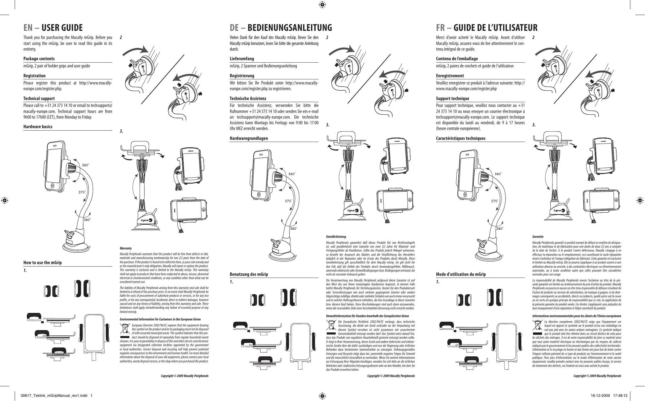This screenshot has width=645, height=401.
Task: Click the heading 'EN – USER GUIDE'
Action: click(x=53, y=28)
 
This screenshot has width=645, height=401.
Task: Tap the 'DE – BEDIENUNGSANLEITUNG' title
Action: click(x=281, y=28)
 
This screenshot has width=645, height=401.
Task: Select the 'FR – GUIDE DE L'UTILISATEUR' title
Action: click(x=487, y=28)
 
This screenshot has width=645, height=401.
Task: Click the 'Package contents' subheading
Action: click(x=39, y=59)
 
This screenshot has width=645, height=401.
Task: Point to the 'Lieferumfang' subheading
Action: click(x=242, y=59)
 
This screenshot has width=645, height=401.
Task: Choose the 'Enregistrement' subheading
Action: click(x=450, y=76)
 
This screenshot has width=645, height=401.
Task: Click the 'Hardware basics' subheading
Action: click(x=38, y=127)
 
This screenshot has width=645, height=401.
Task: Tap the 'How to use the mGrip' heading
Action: click(x=43, y=263)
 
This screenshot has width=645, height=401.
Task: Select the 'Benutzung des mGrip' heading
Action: click(x=249, y=274)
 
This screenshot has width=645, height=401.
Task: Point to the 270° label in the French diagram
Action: click(x=495, y=201)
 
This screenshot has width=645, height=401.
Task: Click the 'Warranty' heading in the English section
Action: click(x=125, y=248)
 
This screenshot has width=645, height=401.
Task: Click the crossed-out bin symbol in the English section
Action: click(x=124, y=329)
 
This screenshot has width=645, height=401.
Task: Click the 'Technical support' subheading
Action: click(x=39, y=99)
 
